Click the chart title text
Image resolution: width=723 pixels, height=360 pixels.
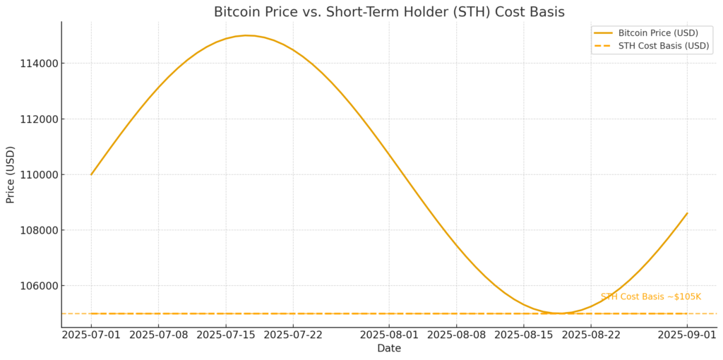(x=389, y=12)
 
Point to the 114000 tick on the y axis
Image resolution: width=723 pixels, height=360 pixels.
(x=40, y=64)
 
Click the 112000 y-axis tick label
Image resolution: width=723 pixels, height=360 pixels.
(x=40, y=119)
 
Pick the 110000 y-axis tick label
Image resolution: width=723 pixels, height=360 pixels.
(x=40, y=174)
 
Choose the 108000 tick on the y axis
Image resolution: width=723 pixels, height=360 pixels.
(x=40, y=230)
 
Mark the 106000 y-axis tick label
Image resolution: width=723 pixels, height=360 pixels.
(x=40, y=286)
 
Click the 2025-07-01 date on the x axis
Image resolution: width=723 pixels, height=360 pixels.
(x=91, y=334)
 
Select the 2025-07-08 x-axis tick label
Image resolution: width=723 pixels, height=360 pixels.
(x=158, y=334)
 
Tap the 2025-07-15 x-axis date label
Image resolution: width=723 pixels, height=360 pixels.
(x=226, y=334)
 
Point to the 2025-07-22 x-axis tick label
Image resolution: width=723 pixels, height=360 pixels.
(x=293, y=334)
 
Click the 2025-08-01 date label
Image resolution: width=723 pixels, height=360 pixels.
(x=389, y=334)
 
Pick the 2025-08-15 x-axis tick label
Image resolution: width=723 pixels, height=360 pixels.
(x=523, y=334)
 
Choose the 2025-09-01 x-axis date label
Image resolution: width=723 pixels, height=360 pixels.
(x=687, y=334)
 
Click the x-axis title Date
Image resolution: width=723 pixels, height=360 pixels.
(x=389, y=348)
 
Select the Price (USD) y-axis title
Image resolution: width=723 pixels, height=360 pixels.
(x=11, y=174)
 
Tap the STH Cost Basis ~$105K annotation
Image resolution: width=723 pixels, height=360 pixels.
(x=650, y=297)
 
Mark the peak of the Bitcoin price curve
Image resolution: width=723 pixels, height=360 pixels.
(x=247, y=35)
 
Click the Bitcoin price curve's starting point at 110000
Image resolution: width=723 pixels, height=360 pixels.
(x=91, y=174)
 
